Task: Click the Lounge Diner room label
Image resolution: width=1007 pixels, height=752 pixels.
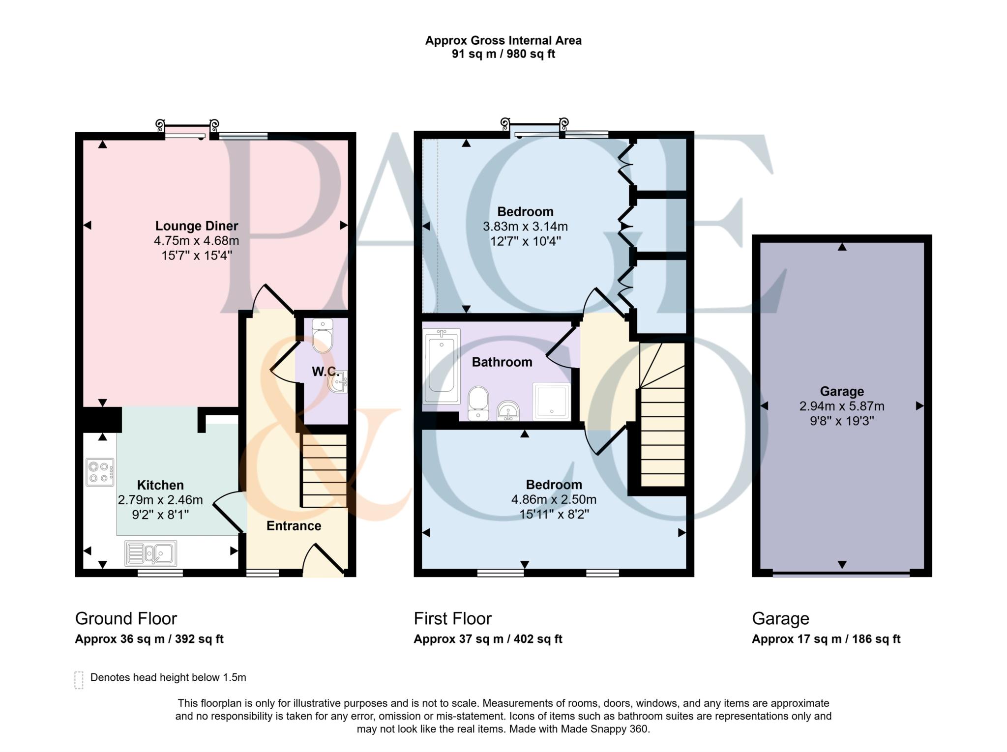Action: pyautogui.click(x=197, y=226)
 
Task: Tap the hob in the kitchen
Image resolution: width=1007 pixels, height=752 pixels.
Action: pyautogui.click(x=100, y=472)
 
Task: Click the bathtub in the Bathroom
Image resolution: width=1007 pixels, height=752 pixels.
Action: pyautogui.click(x=441, y=366)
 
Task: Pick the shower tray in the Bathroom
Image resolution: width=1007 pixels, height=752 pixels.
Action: pyautogui.click(x=552, y=402)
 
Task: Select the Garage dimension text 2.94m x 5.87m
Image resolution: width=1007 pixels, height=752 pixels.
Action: pyautogui.click(x=842, y=406)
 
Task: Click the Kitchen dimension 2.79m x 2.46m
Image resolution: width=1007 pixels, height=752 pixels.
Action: pyautogui.click(x=160, y=500)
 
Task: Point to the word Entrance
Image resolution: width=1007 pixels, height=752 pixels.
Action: pyautogui.click(x=294, y=526)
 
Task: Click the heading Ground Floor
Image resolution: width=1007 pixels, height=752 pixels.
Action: pyautogui.click(x=126, y=618)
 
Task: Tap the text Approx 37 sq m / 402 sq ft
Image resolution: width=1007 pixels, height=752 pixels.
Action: pyautogui.click(x=488, y=639)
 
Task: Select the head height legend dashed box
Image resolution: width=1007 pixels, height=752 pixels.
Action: pyautogui.click(x=79, y=680)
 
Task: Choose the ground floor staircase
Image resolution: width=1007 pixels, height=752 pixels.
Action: pyautogui.click(x=324, y=470)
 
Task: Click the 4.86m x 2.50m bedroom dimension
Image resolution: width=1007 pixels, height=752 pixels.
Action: pyautogui.click(x=554, y=500)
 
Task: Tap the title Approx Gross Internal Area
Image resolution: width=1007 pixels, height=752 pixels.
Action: pyautogui.click(x=503, y=40)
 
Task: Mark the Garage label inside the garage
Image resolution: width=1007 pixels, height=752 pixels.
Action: pyautogui.click(x=842, y=391)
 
